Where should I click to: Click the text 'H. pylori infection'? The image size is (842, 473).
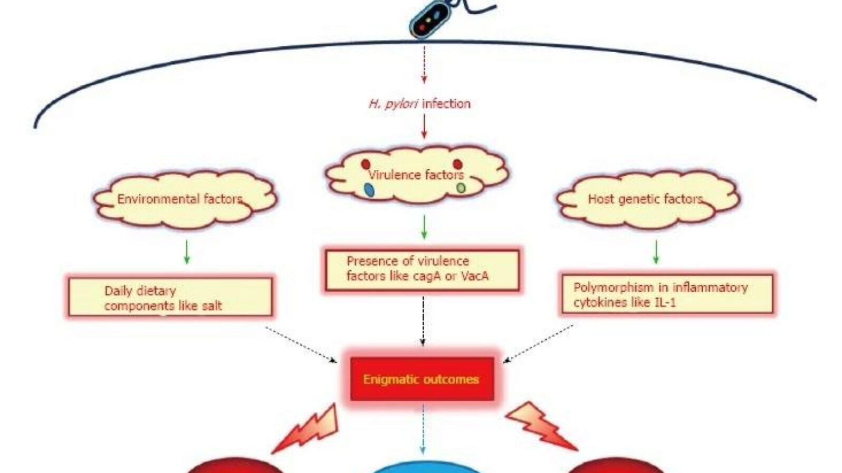coord(419,103)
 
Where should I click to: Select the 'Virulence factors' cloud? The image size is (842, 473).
coord(416,175)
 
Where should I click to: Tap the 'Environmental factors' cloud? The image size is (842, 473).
coord(185,199)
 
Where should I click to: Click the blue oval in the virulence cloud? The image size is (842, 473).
coord(369,190)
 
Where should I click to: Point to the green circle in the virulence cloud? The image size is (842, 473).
coord(461,188)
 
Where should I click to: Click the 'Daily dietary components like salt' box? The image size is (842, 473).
coord(170,297)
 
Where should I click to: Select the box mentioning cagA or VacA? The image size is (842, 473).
coord(422,269)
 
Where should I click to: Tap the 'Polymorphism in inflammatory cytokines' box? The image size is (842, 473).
coord(667,294)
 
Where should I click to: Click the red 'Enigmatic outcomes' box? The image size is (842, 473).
coord(422,379)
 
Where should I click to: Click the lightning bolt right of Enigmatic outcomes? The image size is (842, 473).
coord(540,424)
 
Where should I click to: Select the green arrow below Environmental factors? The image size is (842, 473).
coord(187,252)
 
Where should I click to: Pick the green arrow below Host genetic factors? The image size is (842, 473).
coord(656,252)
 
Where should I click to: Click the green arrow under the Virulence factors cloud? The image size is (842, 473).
coord(424,227)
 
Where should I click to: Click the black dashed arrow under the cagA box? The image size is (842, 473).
coord(423,321)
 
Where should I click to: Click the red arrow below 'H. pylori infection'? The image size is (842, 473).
coord(424,127)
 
